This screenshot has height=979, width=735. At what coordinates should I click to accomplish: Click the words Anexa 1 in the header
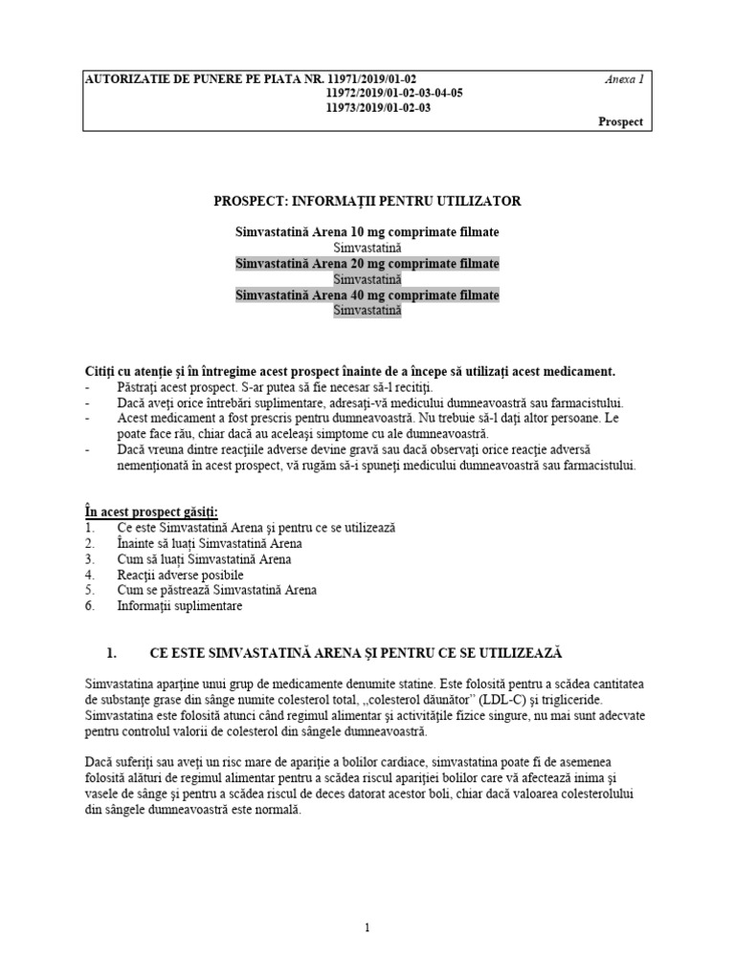click(x=625, y=79)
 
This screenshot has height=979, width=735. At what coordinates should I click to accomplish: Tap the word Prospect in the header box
click(x=621, y=121)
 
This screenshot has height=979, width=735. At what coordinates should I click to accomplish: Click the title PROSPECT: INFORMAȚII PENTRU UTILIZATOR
click(x=367, y=201)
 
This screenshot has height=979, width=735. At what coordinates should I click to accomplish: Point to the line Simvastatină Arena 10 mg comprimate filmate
click(x=367, y=232)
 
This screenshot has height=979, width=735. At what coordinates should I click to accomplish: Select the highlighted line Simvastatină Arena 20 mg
click(x=367, y=264)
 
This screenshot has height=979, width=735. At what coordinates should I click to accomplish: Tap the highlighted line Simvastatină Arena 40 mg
click(x=367, y=295)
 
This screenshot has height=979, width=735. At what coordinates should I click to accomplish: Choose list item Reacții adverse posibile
click(x=180, y=575)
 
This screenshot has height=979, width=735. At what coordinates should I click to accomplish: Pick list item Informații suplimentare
click(x=180, y=606)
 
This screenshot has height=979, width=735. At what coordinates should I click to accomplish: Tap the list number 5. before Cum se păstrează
click(x=89, y=591)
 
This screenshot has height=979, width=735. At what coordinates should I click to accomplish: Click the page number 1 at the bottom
click(x=367, y=927)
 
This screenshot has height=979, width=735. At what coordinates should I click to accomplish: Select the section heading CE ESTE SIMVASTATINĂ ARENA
click(x=356, y=653)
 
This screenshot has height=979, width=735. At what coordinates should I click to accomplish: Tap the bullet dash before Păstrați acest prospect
click(x=88, y=387)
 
